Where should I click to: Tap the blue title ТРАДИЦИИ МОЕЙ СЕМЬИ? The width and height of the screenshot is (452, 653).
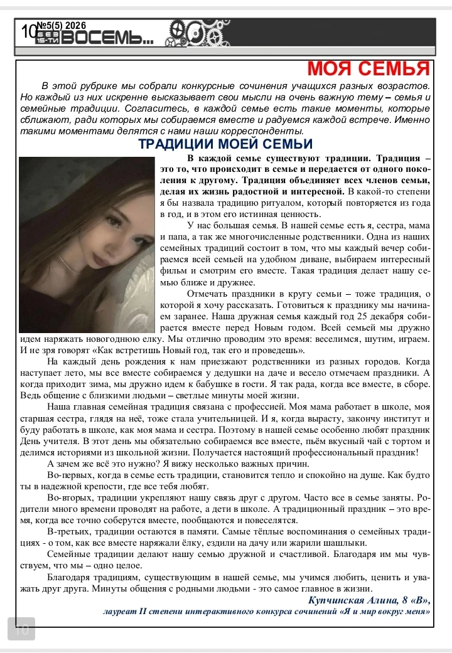217,144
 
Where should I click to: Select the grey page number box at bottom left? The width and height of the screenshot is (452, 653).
21,629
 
